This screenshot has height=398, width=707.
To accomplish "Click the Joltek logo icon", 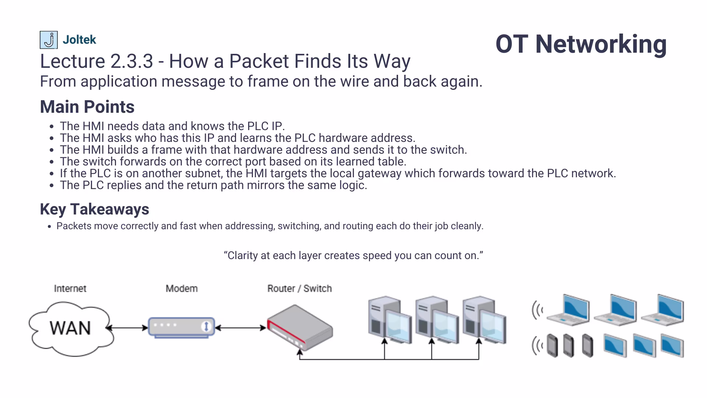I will pyautogui.click(x=49, y=40).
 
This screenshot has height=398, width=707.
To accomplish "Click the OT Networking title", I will pyautogui.click(x=581, y=44).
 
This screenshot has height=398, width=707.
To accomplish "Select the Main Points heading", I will pyautogui.click(x=87, y=107).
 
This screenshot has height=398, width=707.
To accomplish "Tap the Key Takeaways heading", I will pyautogui.click(x=94, y=209).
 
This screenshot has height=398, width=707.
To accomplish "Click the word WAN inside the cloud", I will pyautogui.click(x=70, y=328).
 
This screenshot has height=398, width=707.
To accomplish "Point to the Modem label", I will pyautogui.click(x=182, y=289).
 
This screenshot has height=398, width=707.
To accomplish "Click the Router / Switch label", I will pyautogui.click(x=299, y=289).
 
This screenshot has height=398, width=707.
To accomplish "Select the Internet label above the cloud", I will pyautogui.click(x=70, y=289).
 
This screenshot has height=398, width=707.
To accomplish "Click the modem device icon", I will pyautogui.click(x=182, y=327).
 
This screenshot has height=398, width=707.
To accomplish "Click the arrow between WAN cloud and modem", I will pyautogui.click(x=127, y=328).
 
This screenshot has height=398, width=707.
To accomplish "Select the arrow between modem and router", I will pyautogui.click(x=240, y=328).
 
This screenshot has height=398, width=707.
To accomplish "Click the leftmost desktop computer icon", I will pyautogui.click(x=390, y=320).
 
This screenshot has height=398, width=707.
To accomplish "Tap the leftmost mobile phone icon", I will pyautogui.click(x=552, y=346).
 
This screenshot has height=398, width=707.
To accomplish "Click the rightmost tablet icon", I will pyautogui.click(x=672, y=345).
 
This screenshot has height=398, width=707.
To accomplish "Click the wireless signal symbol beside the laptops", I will pyautogui.click(x=537, y=310).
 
